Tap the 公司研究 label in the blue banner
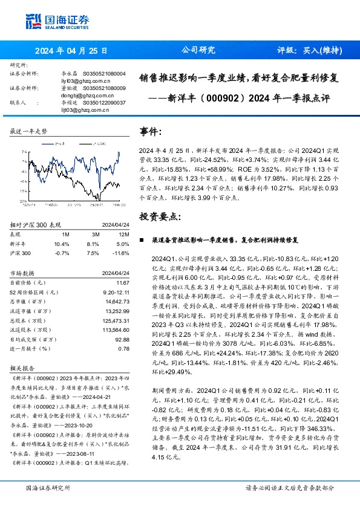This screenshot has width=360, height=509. coord(198,51)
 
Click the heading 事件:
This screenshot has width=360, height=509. coord(151,131)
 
